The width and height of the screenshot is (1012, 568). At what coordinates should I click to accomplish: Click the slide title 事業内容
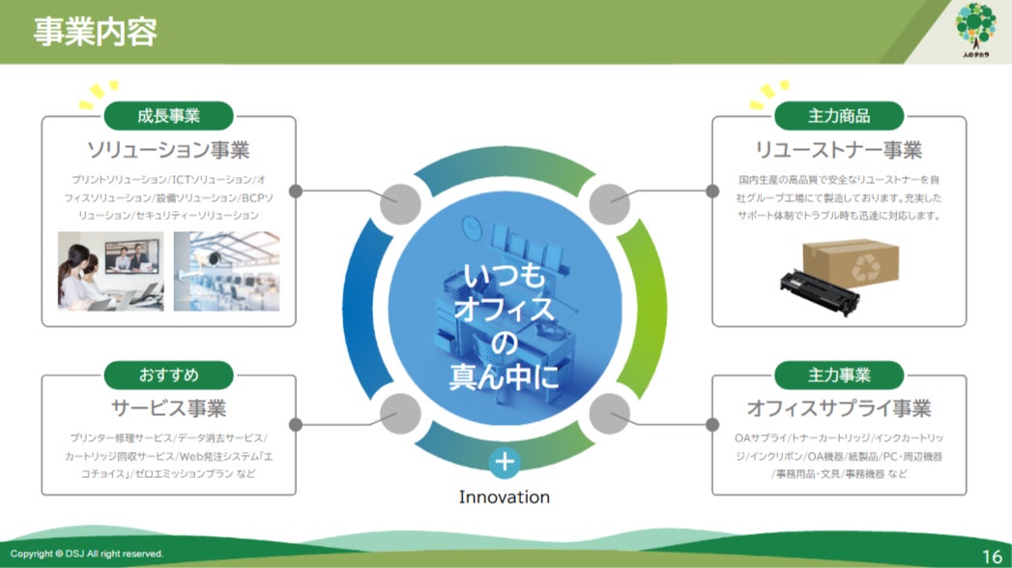(x=95, y=32)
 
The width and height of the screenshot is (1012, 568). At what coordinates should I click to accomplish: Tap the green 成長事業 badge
(x=168, y=116)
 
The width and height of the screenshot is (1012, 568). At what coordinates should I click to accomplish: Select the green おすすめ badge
(x=168, y=374)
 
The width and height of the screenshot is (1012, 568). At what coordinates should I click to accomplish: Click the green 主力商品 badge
(x=839, y=116)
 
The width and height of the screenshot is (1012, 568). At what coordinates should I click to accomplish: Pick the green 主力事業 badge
(x=839, y=374)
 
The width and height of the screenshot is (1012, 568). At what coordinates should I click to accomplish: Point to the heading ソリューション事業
(x=168, y=150)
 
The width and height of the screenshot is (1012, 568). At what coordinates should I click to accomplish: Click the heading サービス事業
(x=168, y=407)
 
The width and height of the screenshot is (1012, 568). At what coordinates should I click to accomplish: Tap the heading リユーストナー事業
(x=839, y=150)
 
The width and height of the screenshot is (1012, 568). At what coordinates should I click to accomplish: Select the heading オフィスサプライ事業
(x=839, y=407)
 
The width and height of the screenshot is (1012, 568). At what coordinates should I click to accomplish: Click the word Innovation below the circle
(x=504, y=497)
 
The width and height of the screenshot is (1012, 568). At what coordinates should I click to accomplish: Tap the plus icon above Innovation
(x=504, y=463)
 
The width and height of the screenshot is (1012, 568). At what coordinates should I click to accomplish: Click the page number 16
(x=992, y=555)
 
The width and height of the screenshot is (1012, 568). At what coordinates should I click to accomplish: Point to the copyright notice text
(x=87, y=553)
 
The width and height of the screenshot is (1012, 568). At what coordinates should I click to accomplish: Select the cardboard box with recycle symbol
(x=850, y=262)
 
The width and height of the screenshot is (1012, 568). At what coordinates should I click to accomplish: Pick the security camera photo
(x=226, y=270)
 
